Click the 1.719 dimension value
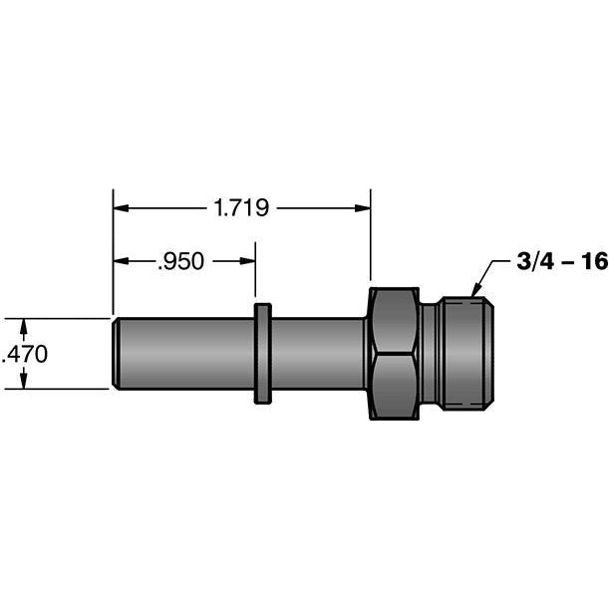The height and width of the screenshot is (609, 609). (242, 208)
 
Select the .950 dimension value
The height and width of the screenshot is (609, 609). (180, 262)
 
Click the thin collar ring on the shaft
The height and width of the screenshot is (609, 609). (262, 354)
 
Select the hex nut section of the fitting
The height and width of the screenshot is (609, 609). (393, 354)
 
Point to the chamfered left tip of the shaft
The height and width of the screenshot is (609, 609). (118, 354)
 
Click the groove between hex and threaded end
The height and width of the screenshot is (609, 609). (428, 354)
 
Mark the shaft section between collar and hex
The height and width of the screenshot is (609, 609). (317, 354)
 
